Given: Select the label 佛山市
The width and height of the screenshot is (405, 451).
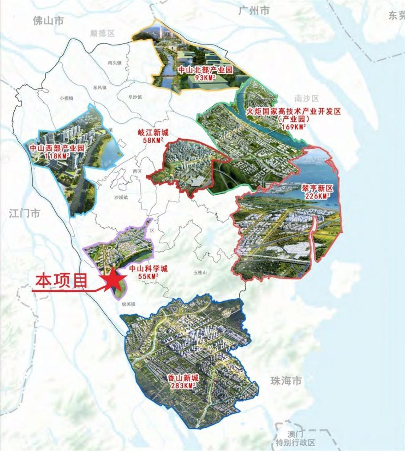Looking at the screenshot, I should tap(48, 20).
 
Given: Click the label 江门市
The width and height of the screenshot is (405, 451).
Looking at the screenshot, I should tap(24, 213).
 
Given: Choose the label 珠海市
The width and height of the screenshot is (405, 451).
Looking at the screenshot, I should tap(286, 381).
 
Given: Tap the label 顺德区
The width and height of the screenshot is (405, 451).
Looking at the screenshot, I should tap(102, 33).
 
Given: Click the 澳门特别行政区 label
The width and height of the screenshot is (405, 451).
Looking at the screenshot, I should tap(295, 439).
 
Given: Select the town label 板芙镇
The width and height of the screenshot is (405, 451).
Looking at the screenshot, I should tap(128, 304).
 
